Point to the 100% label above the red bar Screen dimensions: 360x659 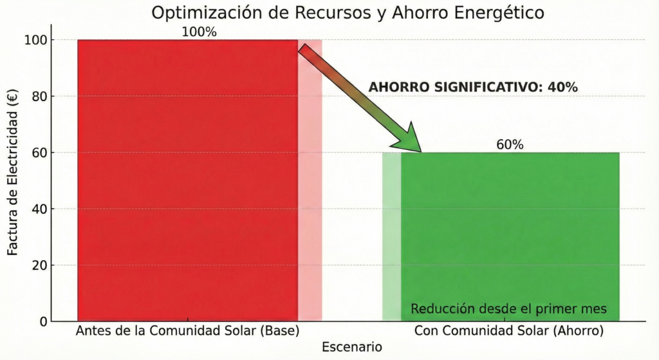(200, 31)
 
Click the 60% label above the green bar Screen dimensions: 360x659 (510, 144)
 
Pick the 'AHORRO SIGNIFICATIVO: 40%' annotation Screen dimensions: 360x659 (472, 88)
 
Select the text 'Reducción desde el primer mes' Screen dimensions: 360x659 (508, 309)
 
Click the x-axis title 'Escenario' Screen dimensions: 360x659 (351, 347)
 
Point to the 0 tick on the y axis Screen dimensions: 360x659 (42, 321)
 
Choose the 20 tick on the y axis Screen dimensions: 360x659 (39, 265)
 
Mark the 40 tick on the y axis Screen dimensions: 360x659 (39, 209)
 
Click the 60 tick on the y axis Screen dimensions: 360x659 (39, 153)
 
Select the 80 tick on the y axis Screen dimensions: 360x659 (39, 96)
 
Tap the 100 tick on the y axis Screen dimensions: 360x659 (36, 40)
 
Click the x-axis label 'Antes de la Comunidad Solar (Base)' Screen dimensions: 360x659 (187, 332)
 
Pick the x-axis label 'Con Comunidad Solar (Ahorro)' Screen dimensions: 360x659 (508, 332)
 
